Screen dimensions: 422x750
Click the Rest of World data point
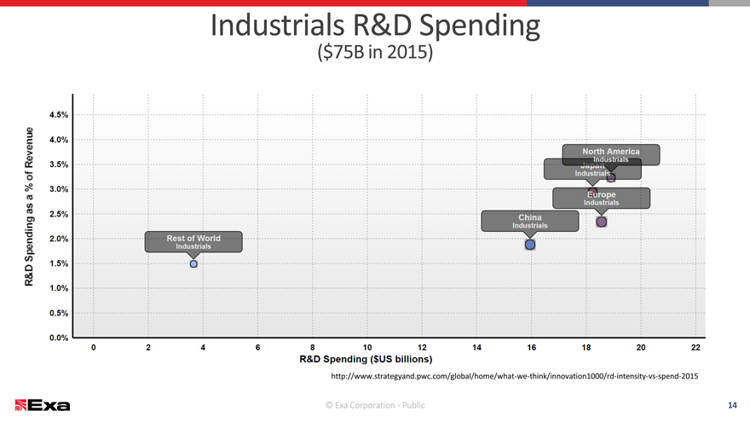193,264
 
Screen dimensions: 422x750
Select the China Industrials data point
530,245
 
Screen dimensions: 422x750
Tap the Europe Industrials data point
602,222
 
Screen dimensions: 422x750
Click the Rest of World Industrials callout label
193,242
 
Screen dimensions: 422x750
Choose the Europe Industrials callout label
602,198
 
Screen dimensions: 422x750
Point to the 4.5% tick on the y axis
60,114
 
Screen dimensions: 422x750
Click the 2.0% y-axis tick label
60,239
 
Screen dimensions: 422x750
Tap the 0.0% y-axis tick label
60,338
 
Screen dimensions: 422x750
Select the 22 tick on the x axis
695,347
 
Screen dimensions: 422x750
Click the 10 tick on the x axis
367,347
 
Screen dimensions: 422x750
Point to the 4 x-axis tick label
203,347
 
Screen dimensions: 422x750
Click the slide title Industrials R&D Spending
375,27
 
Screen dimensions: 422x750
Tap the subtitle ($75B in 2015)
375,53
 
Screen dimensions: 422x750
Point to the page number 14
732,404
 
